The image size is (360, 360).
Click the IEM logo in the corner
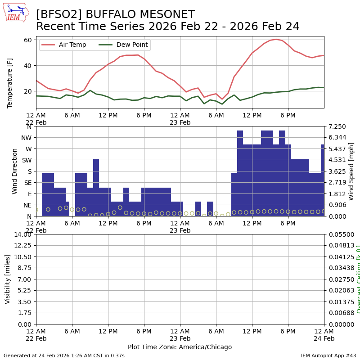[16, 12]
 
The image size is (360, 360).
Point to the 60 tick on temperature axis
[27, 40]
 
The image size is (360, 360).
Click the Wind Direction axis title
[15, 171]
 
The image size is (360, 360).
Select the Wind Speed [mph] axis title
[351, 171]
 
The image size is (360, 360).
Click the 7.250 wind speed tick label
[337, 126]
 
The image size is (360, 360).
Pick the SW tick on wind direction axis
[27, 160]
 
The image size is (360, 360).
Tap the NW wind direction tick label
[26, 138]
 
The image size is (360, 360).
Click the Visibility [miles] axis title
[8, 279]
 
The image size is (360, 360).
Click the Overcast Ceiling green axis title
[358, 279]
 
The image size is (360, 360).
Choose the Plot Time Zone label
[180, 347]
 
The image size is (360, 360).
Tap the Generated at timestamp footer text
[64, 355]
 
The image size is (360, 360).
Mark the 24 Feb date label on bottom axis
[324, 338]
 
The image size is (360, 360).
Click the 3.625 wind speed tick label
[337, 171]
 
